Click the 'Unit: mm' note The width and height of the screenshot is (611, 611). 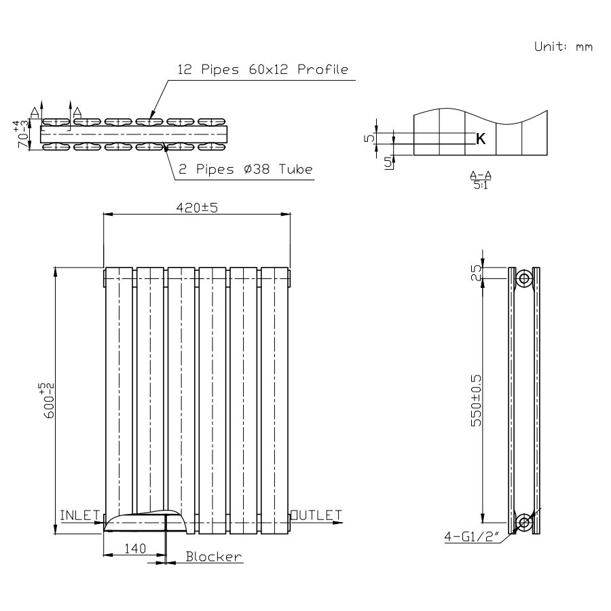563,47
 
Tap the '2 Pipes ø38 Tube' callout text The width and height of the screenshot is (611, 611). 245,169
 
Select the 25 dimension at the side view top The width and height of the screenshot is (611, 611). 476,273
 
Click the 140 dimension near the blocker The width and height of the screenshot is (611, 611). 134,548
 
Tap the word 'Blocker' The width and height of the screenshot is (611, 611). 214,557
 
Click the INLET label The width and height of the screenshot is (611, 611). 80,515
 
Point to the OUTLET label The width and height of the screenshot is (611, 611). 316,515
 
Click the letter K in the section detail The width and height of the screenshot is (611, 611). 481,139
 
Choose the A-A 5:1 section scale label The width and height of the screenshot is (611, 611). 481,180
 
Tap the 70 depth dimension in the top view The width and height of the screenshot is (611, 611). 24,134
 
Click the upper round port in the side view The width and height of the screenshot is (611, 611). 523,278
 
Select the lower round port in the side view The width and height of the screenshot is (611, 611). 523,522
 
